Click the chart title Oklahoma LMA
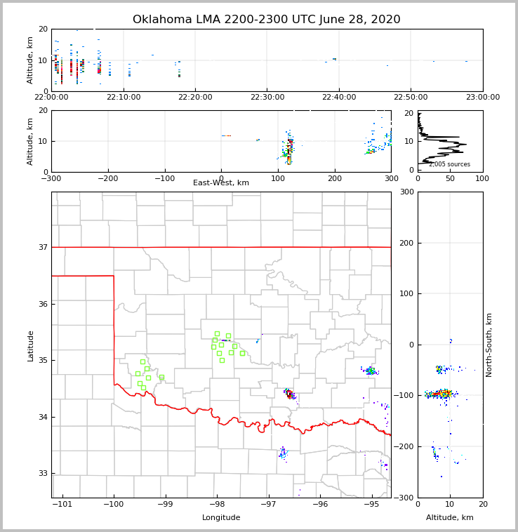pyautogui.click(x=266, y=20)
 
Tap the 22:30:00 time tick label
pyautogui.click(x=267, y=97)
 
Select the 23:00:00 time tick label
pyautogui.click(x=483, y=97)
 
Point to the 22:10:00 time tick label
pyautogui.click(x=124, y=97)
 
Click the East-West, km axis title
pyautogui.click(x=221, y=183)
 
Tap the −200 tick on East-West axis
pyautogui.click(x=107, y=178)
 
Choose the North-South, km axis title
pyautogui.click(x=490, y=345)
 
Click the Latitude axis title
pyautogui.click(x=31, y=345)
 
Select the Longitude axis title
pyautogui.click(x=221, y=518)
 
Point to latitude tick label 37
pyautogui.click(x=42, y=247)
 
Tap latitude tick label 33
pyautogui.click(x=42, y=474)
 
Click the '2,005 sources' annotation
pyautogui.click(x=449, y=164)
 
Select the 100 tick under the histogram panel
pyautogui.click(x=483, y=178)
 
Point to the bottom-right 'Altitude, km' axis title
pyautogui.click(x=450, y=518)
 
